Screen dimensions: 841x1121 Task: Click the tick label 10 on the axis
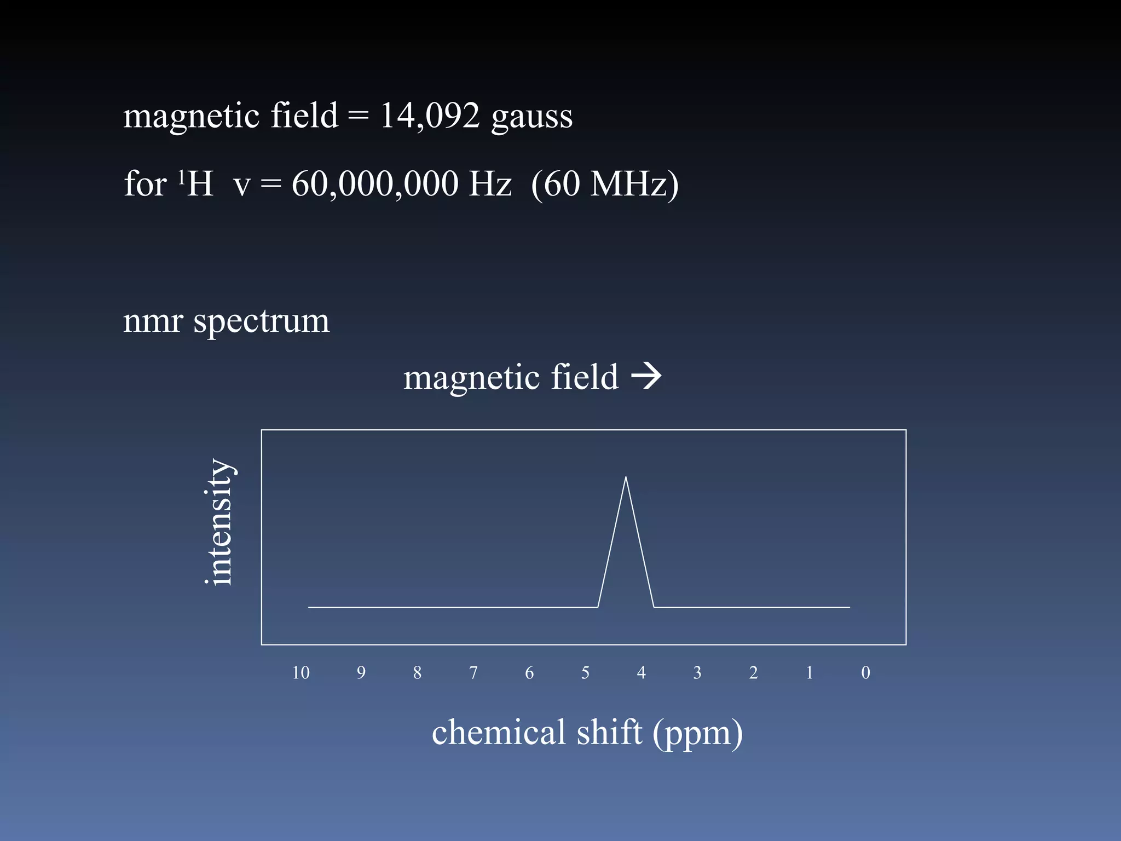tap(301, 672)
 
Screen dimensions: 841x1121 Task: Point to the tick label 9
tap(361, 672)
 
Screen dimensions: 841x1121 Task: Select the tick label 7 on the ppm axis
tap(473, 672)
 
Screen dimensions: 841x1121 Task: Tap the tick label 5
tap(585, 672)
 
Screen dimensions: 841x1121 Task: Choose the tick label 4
tap(642, 672)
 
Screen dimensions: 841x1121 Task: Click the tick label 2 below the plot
tap(753, 672)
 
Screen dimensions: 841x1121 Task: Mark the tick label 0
tap(865, 672)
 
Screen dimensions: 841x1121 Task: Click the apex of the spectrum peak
tap(626, 477)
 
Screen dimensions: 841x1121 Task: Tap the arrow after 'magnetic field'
tap(646, 377)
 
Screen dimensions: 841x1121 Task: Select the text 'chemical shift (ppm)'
tap(587, 733)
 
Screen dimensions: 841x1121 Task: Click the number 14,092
tap(430, 116)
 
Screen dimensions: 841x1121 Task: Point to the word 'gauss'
tap(531, 117)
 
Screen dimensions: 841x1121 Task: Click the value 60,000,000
tap(375, 184)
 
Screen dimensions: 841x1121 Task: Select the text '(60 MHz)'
tap(604, 184)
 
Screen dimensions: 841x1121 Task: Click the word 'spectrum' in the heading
tap(261, 321)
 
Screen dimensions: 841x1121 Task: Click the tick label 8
tap(417, 672)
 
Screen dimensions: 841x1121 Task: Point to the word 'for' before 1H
tap(145, 184)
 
